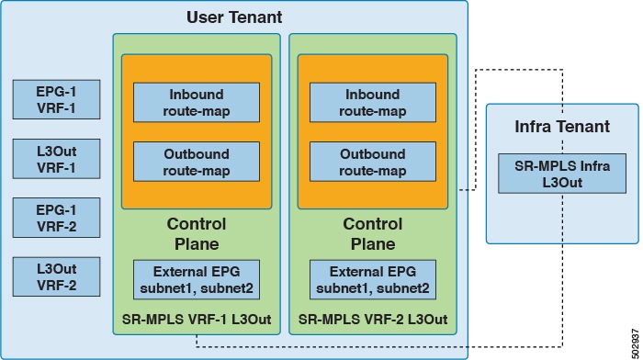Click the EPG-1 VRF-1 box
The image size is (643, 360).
(x=56, y=99)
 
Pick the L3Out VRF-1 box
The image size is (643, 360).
(x=56, y=159)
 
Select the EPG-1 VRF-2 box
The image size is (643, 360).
(x=56, y=218)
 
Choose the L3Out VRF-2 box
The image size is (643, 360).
(x=56, y=276)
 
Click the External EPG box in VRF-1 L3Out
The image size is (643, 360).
(x=196, y=278)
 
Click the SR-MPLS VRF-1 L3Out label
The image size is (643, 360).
(x=196, y=320)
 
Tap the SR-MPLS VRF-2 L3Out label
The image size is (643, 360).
(x=372, y=320)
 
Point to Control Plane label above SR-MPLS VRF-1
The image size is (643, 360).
(x=196, y=233)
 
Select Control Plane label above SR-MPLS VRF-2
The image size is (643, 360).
(x=372, y=233)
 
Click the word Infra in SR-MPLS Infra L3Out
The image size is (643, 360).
(x=562, y=165)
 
